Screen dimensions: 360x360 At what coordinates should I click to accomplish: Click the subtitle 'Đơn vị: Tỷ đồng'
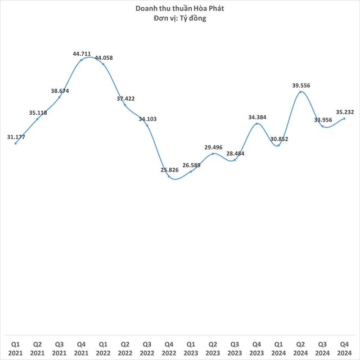(180, 19)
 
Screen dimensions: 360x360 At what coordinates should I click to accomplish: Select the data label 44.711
(82, 54)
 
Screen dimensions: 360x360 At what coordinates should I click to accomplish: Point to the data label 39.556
(301, 85)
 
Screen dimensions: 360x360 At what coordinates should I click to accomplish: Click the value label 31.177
(16, 137)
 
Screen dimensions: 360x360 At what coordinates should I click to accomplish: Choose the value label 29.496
(213, 147)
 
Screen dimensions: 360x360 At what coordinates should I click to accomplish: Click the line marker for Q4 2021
(82, 60)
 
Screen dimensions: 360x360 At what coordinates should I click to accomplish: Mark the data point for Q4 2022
(169, 177)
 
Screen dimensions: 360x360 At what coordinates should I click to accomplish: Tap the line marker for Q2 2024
(301, 91)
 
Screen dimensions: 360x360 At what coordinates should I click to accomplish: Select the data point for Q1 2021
(16, 143)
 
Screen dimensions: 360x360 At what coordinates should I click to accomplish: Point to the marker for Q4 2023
(257, 123)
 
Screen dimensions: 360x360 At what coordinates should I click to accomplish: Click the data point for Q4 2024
(344, 118)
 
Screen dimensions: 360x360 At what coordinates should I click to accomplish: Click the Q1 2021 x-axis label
(15, 348)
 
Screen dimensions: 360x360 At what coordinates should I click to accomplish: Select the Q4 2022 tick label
(169, 348)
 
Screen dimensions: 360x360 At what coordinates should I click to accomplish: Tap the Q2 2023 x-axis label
(213, 348)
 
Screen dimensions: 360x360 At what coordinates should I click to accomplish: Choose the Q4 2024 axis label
(344, 348)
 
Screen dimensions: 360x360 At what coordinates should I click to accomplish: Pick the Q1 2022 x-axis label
(103, 348)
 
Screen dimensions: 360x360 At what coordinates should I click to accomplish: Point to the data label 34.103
(147, 119)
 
